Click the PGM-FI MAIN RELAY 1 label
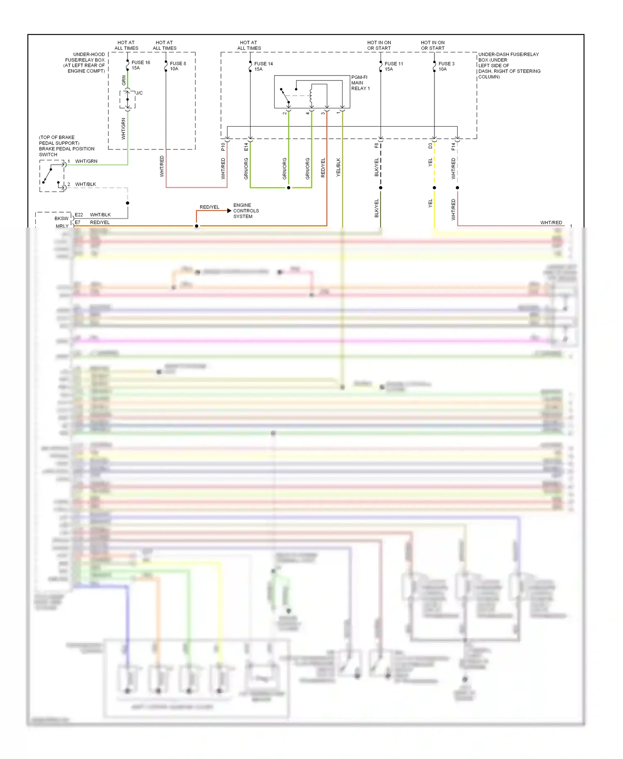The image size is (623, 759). (x=360, y=83)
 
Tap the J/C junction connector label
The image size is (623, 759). (x=140, y=93)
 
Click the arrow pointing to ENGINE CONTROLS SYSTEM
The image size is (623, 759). (x=229, y=211)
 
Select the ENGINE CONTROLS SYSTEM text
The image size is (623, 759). (x=246, y=211)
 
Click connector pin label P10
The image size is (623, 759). (x=223, y=147)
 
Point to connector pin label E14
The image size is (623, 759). (x=246, y=147)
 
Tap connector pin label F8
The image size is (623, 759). (x=376, y=146)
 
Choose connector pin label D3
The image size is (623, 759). (x=430, y=146)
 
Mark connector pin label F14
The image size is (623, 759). (x=453, y=147)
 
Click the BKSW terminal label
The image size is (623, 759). (x=61, y=218)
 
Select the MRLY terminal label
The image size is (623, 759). (x=62, y=226)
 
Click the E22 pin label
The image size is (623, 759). (x=79, y=215)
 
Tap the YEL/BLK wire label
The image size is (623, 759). (x=338, y=167)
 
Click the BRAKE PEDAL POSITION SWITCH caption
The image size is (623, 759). (x=66, y=146)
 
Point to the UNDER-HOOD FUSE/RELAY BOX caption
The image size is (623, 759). (x=85, y=63)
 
